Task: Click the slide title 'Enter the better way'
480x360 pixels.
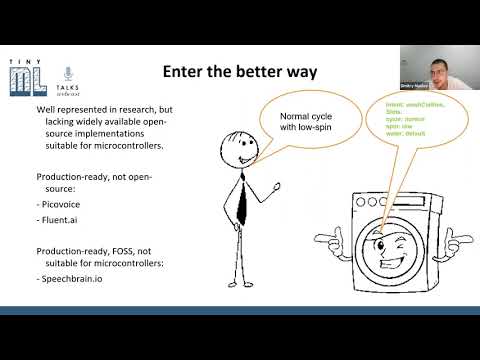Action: (240, 73)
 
